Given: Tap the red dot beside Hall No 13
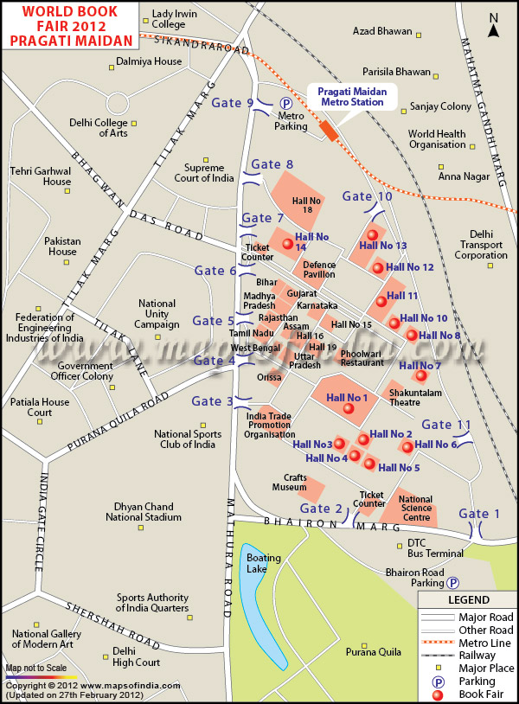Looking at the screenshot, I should coord(373,234).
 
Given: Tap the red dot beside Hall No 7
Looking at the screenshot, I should coord(421,375).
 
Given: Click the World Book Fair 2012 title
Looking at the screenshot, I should coord(69,26).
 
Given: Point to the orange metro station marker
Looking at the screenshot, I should coord(329,130).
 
